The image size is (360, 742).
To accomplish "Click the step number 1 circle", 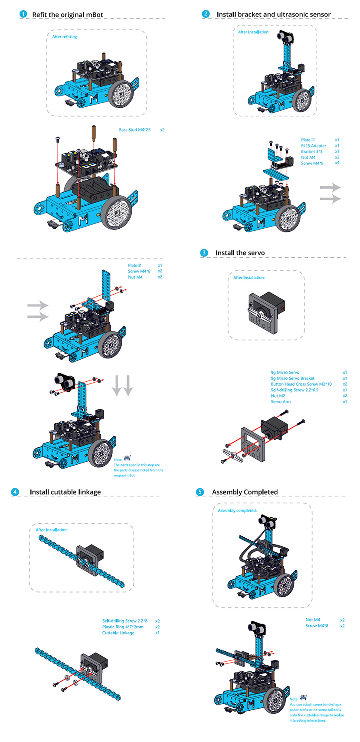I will pos(23,14).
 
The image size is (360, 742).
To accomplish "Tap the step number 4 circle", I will pos(15,492).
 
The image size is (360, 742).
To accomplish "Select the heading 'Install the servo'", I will pos(240,253).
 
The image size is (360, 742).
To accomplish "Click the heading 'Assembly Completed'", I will pos(245,492).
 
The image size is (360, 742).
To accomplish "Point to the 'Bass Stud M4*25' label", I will pos(135,130).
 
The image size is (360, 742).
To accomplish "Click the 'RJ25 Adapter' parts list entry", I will pos(314,146).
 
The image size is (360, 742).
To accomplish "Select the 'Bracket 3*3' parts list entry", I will pos(312,152).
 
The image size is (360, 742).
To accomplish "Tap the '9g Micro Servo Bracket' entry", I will pos(293,378).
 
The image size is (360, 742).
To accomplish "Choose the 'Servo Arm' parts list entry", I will pos(281,402).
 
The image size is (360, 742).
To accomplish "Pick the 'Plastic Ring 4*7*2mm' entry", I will pos(123,627).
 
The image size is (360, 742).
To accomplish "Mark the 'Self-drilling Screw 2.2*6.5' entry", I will pos(295,390).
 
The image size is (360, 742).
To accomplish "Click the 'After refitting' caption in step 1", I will pos(65,37).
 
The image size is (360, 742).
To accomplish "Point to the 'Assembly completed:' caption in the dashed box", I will pos(237,511).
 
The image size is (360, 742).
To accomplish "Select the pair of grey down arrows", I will pos(122,385).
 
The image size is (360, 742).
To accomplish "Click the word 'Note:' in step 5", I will pos(294,699).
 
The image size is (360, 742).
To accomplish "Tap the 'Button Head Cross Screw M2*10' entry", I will pos(301,384).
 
